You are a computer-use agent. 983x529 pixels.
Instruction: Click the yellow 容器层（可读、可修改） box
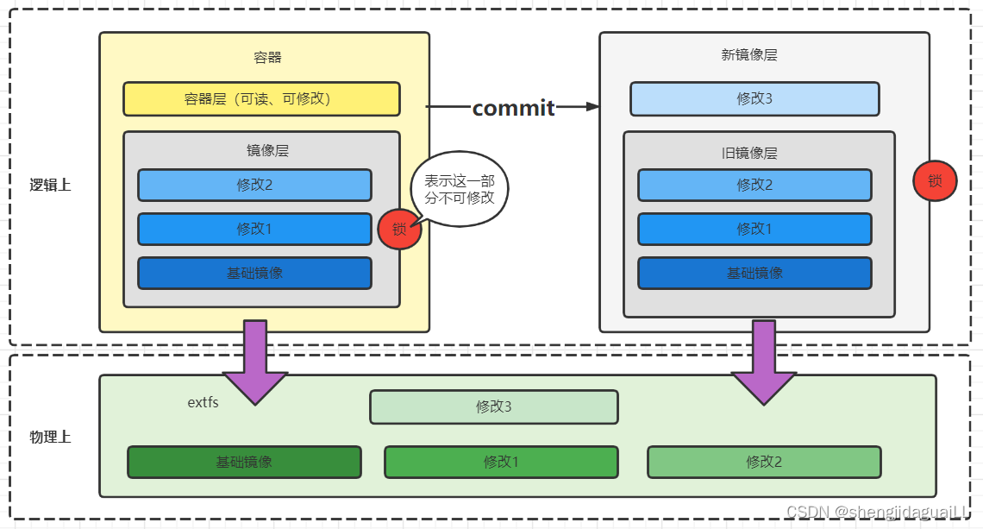point(261,99)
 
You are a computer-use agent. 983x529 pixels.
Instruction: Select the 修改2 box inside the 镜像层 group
point(254,185)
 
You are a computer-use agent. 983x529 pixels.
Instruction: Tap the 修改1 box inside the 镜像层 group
point(254,229)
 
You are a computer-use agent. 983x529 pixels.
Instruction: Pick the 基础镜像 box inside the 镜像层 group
point(254,273)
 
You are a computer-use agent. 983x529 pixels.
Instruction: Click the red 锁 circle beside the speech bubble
point(398,230)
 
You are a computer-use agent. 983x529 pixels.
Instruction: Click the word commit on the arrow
point(513,108)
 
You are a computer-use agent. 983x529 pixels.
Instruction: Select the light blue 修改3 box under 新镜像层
point(754,99)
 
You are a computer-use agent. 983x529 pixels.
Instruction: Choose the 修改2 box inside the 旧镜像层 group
point(754,185)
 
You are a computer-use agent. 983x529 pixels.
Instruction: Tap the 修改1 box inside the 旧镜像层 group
point(754,229)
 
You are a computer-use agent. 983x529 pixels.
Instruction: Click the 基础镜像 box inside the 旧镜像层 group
point(754,273)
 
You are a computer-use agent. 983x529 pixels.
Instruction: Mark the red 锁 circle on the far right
point(935,181)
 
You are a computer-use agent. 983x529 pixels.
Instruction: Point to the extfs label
point(203,402)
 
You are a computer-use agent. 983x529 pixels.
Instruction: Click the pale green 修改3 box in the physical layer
point(494,407)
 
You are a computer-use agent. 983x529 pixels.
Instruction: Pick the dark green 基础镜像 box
point(244,462)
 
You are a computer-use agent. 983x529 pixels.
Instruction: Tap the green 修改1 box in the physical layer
point(501,462)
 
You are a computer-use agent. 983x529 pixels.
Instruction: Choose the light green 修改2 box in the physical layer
point(764,462)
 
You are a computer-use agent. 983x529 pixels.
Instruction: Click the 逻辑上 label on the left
point(51,185)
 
